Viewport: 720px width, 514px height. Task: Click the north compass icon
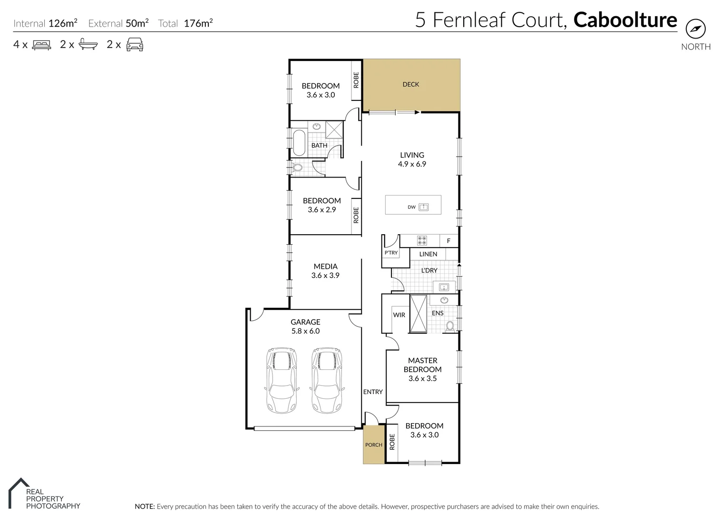click(x=695, y=30)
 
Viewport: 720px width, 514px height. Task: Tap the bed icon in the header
click(x=41, y=45)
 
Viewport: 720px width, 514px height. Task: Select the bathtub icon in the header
click(x=88, y=45)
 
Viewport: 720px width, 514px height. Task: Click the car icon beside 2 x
click(x=135, y=44)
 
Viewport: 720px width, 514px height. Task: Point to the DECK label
click(x=411, y=84)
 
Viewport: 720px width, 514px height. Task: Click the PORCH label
click(x=373, y=445)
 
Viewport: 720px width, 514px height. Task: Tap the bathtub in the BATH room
click(x=299, y=143)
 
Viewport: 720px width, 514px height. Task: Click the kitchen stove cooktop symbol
click(x=422, y=241)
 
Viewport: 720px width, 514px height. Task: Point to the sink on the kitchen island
click(x=424, y=207)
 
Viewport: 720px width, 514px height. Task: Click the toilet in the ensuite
click(x=450, y=326)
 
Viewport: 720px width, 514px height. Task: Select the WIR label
click(x=399, y=315)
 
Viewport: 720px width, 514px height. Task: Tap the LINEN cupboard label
click(x=428, y=254)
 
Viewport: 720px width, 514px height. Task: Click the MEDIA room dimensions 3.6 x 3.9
click(x=325, y=276)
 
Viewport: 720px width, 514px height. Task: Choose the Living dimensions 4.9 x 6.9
click(x=412, y=164)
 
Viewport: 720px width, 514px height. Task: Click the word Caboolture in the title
click(x=625, y=20)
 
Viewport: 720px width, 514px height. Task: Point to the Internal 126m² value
click(x=63, y=23)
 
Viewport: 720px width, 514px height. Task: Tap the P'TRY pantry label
click(x=391, y=253)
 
